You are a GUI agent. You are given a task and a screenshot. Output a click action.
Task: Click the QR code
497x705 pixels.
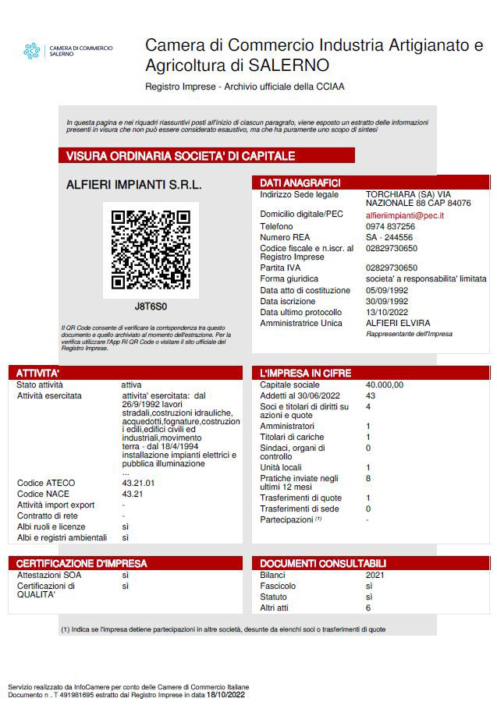coord(151,250)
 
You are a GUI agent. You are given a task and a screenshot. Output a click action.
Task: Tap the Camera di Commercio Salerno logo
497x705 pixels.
coord(32,51)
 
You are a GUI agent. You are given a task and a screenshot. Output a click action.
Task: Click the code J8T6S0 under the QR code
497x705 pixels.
coord(151,306)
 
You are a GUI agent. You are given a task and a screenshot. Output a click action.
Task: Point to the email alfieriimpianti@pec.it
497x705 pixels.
coord(405,214)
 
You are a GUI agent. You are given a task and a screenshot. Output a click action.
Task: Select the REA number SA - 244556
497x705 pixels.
coord(389,237)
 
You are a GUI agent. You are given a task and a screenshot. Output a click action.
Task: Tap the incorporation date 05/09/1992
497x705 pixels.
coord(387,290)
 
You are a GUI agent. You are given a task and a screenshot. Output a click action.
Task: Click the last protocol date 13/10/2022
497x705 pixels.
coord(387,312)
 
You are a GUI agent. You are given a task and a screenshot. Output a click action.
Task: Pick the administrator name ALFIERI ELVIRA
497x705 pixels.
coord(398,323)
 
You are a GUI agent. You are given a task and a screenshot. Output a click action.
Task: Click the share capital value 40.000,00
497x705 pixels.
coord(385,385)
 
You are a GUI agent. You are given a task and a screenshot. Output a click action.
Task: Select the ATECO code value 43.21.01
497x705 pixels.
coord(139,484)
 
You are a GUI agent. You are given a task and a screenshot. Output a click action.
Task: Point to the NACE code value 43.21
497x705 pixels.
coord(133,494)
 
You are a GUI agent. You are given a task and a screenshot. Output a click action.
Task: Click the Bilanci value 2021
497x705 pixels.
coord(375,575)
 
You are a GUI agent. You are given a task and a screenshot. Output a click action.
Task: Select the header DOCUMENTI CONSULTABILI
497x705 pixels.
coord(323,563)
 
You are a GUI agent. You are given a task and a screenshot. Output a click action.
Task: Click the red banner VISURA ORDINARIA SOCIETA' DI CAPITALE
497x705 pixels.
coord(180,156)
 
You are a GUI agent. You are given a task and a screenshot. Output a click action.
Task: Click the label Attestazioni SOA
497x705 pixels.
coord(48,575)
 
